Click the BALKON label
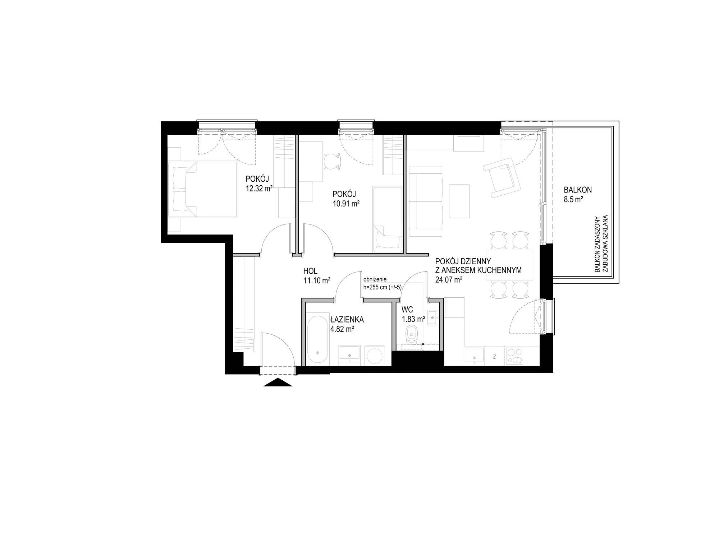(x=578, y=190)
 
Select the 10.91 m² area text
(x=346, y=203)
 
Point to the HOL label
(x=311, y=271)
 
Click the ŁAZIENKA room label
(x=347, y=319)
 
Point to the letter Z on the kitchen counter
(x=495, y=357)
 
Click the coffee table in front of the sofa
(x=459, y=201)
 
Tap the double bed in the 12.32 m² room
(x=203, y=190)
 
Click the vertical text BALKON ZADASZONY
(x=597, y=249)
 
